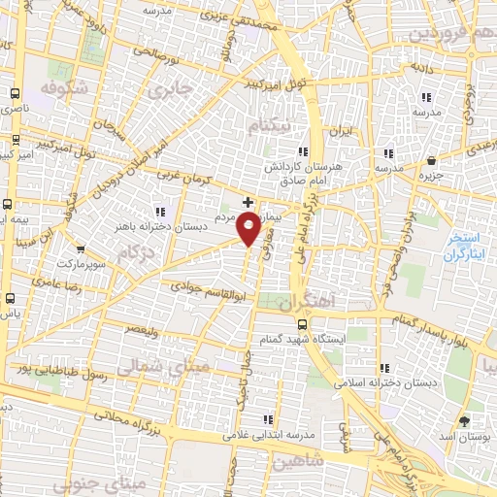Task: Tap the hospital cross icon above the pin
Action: [248, 202]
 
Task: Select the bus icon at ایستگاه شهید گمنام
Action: [302, 324]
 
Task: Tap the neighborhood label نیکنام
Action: [268, 127]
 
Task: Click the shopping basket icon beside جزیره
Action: [432, 160]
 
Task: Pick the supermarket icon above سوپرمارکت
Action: [81, 248]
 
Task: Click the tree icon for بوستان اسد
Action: [463, 420]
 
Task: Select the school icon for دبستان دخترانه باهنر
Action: [160, 212]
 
